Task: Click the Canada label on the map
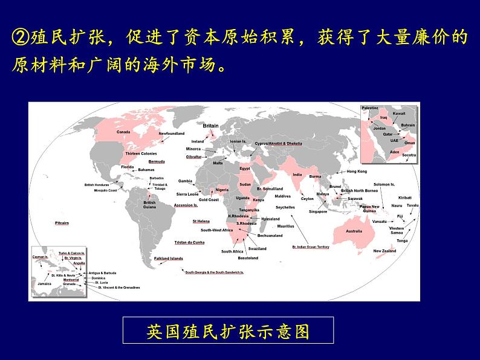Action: click(123, 132)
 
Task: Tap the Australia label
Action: click(354, 231)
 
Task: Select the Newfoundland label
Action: click(171, 133)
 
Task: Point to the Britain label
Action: click(210, 126)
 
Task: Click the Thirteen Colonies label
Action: click(140, 153)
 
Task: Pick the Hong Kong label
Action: click(357, 172)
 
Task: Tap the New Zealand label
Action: click(384, 251)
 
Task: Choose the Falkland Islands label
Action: click(168, 259)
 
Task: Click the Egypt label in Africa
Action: click(244, 169)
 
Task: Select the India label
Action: click(297, 175)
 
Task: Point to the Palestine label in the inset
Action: click(370, 108)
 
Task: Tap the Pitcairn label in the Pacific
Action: click(62, 223)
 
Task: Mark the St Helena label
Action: click(201, 221)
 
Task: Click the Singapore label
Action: click(318, 211)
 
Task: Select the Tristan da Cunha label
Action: click(189, 242)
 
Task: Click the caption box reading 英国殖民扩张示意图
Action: click(228, 332)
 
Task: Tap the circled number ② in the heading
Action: click(19, 38)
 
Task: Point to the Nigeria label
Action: click(222, 190)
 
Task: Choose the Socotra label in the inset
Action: click(409, 155)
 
